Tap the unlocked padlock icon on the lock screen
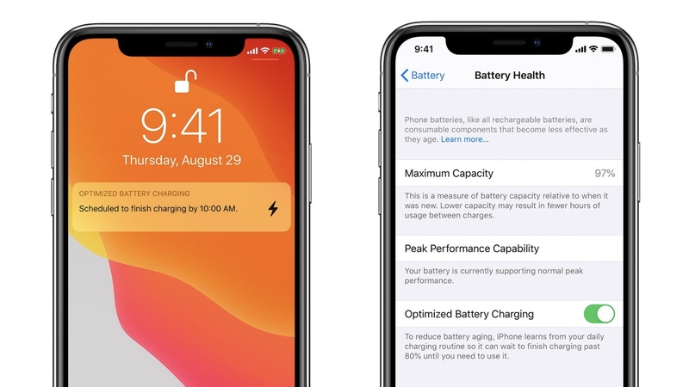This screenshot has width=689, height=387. click(184, 82)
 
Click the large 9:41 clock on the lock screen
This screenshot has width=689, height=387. click(182, 126)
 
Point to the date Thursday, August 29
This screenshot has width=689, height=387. click(182, 161)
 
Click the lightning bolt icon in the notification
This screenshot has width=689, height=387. click(273, 208)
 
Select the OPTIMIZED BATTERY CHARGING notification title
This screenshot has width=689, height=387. click(134, 193)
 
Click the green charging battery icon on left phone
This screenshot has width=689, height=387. click(278, 52)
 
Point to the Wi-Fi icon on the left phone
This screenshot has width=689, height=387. click(264, 51)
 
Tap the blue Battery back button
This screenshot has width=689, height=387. click(422, 76)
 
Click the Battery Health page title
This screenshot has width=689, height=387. click(510, 76)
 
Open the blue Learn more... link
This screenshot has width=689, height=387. click(464, 139)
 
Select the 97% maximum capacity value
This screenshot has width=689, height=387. click(605, 174)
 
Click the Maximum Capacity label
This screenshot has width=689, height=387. click(449, 174)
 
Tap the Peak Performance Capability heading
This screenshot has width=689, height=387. click(471, 249)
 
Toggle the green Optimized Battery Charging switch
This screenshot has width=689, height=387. click(599, 314)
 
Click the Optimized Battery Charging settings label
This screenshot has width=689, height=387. click(469, 314)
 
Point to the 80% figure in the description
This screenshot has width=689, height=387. click(413, 356)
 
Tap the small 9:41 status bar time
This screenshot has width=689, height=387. click(424, 49)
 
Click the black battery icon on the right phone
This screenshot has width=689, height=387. click(608, 49)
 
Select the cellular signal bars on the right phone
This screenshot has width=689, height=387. click(580, 49)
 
